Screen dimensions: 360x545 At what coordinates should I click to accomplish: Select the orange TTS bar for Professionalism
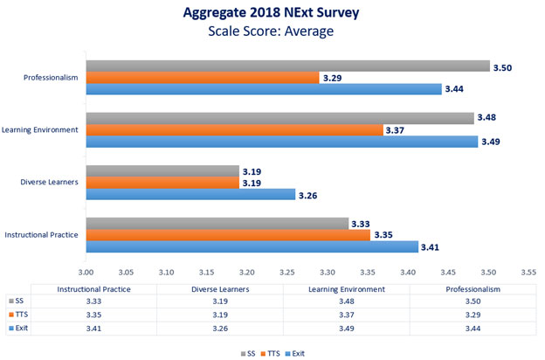tap(200, 78)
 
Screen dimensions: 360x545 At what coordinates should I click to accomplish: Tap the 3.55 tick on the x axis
tap(528, 272)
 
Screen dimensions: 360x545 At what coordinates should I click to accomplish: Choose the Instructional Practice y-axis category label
tap(41, 235)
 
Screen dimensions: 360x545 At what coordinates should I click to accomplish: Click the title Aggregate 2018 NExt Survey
tap(272, 14)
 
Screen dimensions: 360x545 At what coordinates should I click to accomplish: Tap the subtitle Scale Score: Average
tap(272, 32)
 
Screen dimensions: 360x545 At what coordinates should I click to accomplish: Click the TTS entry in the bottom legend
tap(275, 353)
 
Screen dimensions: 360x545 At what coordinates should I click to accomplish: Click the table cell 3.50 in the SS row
tap(453, 301)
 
